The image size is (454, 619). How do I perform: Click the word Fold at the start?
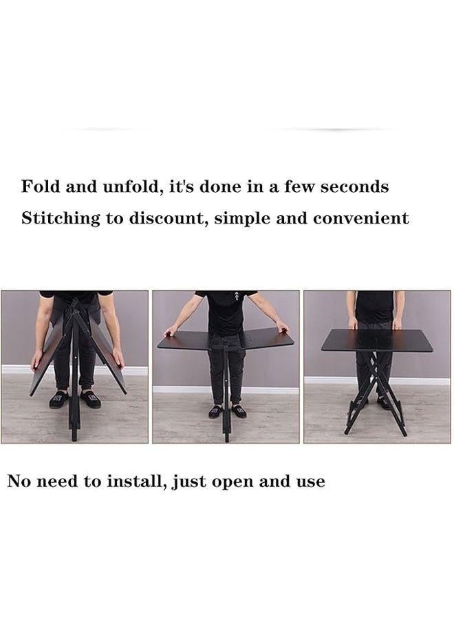coord(40,186)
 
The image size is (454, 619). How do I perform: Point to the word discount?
coord(169,219)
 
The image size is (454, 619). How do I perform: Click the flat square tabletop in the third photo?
coord(376,340)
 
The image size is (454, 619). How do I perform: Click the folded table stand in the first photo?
coord(75,371)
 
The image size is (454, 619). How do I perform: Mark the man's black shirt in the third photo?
coord(375,306)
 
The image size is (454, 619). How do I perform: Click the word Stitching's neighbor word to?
coord(113,219)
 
